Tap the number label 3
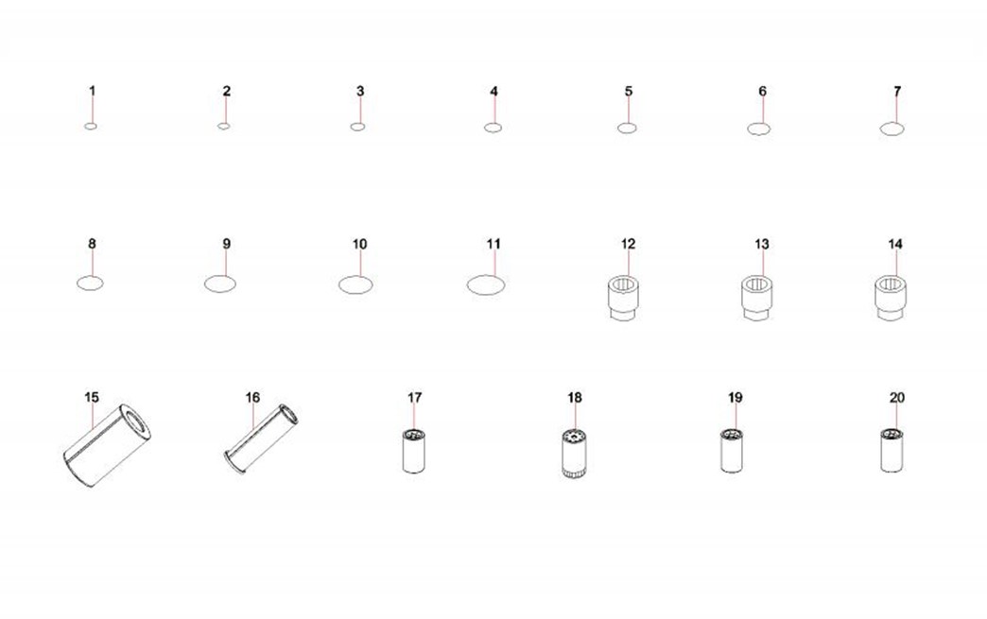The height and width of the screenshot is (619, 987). (360, 92)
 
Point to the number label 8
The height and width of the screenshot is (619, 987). (92, 244)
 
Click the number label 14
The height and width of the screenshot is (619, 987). (895, 244)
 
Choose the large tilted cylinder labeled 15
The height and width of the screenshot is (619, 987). (107, 445)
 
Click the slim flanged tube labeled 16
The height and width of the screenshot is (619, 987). (261, 438)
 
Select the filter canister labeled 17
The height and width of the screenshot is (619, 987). (414, 451)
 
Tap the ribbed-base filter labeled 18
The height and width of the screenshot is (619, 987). (574, 453)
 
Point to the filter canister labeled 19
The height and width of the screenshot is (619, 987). (732, 451)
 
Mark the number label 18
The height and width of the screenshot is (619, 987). (575, 398)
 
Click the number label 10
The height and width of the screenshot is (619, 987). (359, 244)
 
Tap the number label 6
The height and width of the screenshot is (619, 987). (762, 92)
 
